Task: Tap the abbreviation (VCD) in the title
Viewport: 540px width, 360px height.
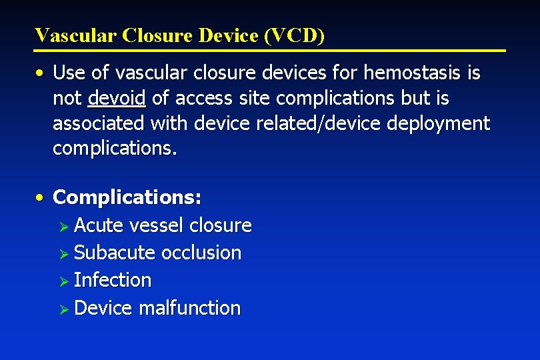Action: (x=294, y=35)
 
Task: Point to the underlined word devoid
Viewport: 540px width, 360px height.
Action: (x=117, y=99)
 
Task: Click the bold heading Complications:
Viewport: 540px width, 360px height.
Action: (x=127, y=198)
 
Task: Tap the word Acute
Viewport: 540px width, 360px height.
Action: (x=99, y=225)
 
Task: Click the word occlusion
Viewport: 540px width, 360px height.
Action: (x=202, y=253)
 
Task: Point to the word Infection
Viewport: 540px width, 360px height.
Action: (x=113, y=281)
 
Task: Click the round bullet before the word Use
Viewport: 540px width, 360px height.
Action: (x=41, y=73)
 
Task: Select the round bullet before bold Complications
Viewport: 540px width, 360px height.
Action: (x=41, y=198)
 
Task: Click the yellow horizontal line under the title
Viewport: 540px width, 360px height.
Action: (x=270, y=51)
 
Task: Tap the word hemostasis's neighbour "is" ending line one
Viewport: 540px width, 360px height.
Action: (x=473, y=73)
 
